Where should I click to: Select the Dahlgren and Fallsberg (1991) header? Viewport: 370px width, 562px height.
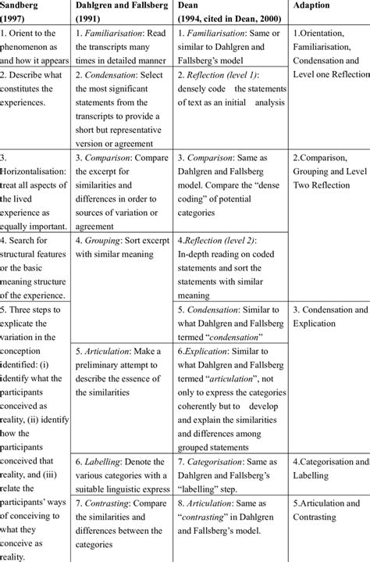(x=119, y=13)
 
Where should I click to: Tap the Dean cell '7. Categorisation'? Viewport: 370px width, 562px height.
(x=227, y=467)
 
